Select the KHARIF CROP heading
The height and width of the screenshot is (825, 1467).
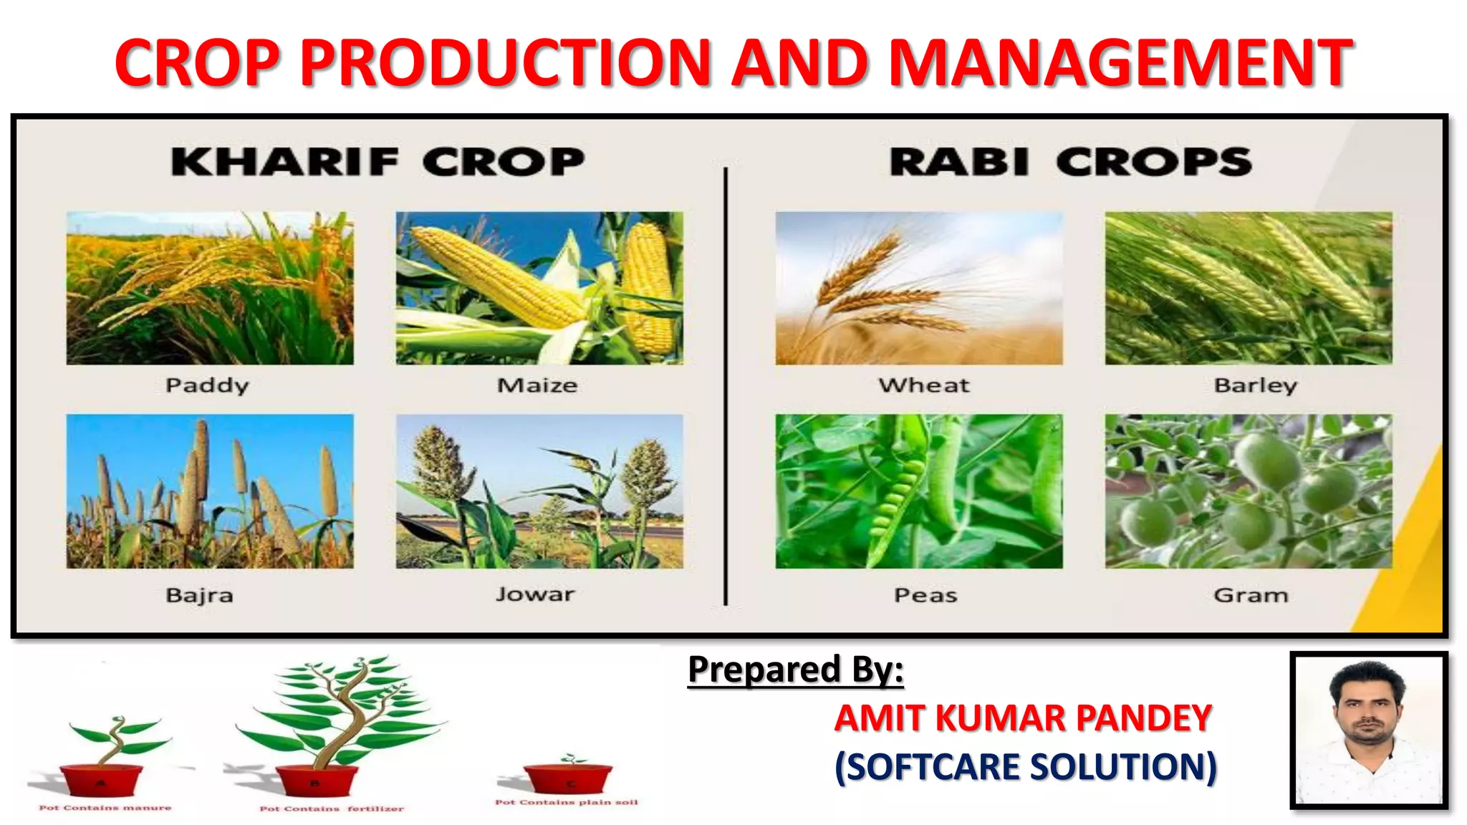coord(377,162)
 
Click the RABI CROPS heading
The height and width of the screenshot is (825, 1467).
coord(1070,162)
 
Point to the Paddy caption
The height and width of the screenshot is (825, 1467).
coord(207,385)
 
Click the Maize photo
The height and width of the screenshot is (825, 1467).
coord(539,288)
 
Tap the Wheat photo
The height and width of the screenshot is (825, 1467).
coord(919,288)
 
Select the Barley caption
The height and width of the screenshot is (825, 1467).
coord(1255,385)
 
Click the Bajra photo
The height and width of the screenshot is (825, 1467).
coord(210,491)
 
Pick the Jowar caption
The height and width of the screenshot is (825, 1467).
coord(535,594)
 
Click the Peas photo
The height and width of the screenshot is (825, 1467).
coord(919,491)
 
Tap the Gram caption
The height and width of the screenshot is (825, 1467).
coord(1251,595)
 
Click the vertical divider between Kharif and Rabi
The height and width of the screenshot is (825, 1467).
coord(726,387)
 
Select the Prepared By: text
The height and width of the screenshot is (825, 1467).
coord(795,670)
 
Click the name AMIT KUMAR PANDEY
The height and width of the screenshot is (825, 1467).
coord(1023,718)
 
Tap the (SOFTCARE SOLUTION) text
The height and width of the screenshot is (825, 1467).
coord(1026,766)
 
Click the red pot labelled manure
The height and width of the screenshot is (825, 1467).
coord(101,780)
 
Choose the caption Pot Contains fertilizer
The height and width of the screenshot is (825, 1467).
coord(331,809)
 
